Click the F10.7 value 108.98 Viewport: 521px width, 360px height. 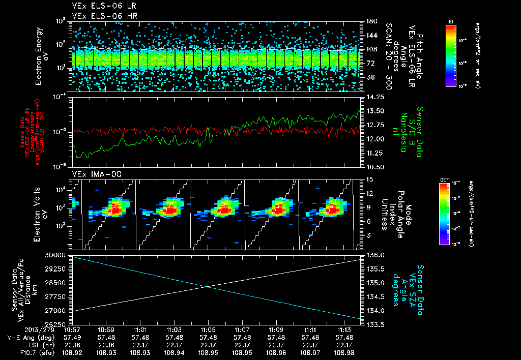pos(344,352)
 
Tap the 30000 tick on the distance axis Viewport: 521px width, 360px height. pos(57,255)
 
